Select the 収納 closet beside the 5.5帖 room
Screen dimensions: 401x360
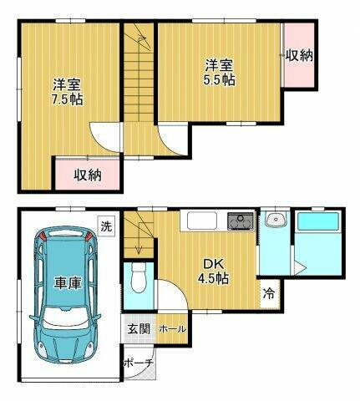[x=298, y=57]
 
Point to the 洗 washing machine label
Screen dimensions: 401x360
[x=106, y=225]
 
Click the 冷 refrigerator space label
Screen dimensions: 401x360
[x=269, y=293]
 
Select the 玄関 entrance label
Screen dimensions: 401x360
[x=139, y=328]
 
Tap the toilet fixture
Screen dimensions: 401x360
[x=139, y=277]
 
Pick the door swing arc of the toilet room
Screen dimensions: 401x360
[x=167, y=298]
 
